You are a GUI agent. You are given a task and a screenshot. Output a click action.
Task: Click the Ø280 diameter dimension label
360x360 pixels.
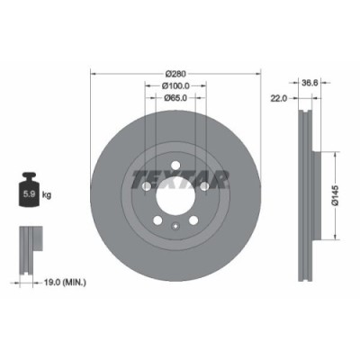pos(176,73)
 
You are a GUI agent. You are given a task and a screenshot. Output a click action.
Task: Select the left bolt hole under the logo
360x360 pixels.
pos(147,185)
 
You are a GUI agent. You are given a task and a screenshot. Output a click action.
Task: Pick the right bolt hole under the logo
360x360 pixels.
pos(206,185)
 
